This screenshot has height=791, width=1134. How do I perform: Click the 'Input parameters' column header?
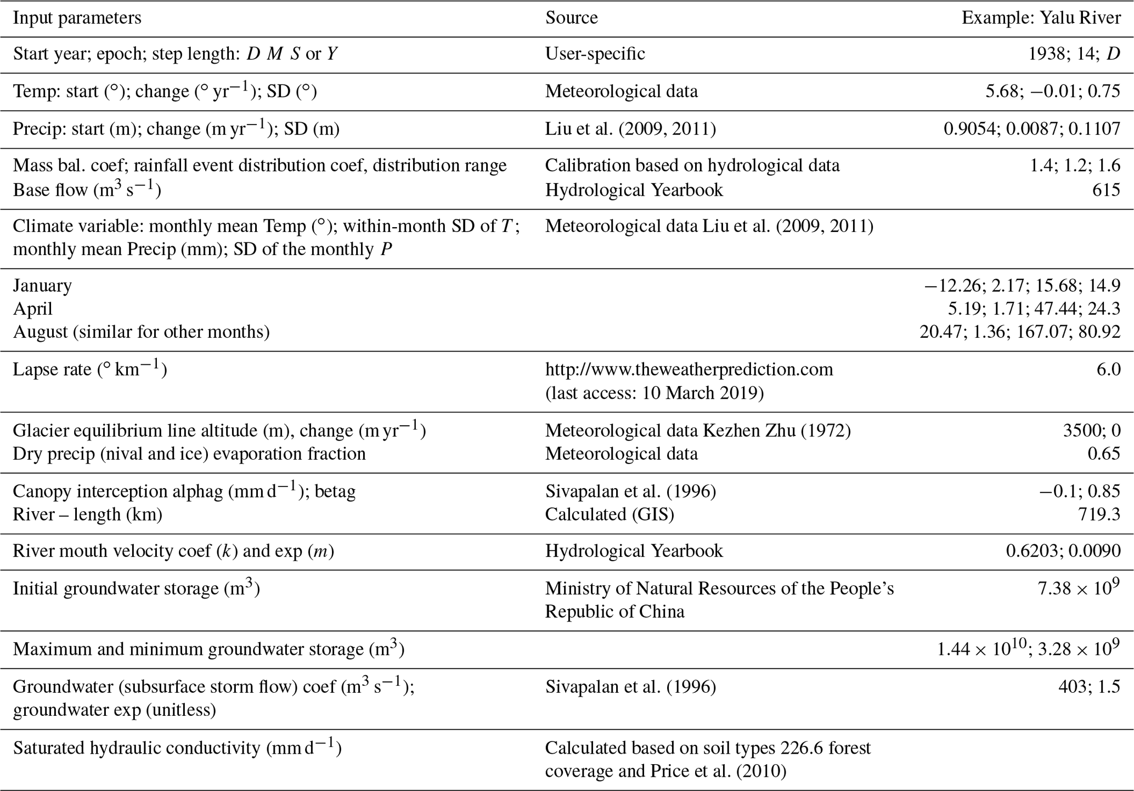pos(77,18)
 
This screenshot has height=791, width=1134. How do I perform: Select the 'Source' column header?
pos(571,18)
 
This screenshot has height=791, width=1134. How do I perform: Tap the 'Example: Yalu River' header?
pos(1041,18)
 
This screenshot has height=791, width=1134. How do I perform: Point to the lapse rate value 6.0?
pos(1108,369)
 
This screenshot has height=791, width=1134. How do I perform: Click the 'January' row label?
pos(42,286)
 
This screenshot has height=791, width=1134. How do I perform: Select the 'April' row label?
pos(33,309)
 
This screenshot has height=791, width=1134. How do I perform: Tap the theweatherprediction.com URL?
pos(689,369)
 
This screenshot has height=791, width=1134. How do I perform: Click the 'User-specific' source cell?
pos(595,54)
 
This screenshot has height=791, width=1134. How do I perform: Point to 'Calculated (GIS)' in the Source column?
pos(609,514)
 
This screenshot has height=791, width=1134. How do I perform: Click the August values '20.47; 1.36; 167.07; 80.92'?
pos(1019,332)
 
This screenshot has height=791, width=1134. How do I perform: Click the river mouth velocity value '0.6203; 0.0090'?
pos(1063,551)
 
